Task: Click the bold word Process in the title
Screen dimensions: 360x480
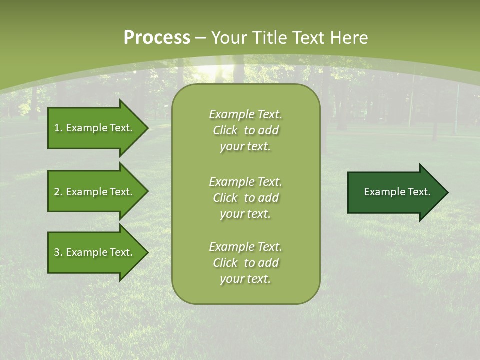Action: tap(157, 38)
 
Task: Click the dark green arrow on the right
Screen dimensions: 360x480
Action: tap(395, 192)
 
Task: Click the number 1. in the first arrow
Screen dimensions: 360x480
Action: tap(58, 128)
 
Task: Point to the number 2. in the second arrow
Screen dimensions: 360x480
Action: tap(58, 192)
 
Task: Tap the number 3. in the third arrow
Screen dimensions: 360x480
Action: tap(58, 252)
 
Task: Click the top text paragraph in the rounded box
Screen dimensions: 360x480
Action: tap(245, 130)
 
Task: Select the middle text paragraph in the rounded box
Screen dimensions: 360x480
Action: tap(245, 198)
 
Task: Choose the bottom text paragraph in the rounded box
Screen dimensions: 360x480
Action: tap(245, 263)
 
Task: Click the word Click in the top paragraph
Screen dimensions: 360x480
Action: tap(225, 131)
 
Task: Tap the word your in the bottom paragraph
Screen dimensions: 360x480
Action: tap(231, 279)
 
